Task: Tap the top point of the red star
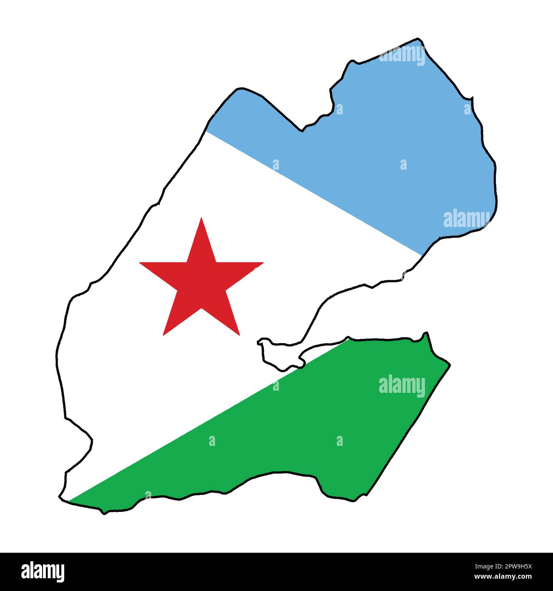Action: click(x=201, y=218)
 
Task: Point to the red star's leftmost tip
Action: click(x=140, y=263)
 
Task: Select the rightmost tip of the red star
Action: click(x=263, y=263)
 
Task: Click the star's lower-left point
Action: click(x=163, y=335)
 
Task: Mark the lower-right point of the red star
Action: click(x=239, y=335)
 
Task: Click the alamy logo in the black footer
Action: click(x=43, y=571)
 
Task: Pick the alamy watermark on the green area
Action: click(x=402, y=386)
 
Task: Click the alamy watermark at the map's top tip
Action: click(x=402, y=55)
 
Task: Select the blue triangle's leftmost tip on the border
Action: click(x=206, y=131)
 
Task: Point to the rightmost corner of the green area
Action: click(x=449, y=365)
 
